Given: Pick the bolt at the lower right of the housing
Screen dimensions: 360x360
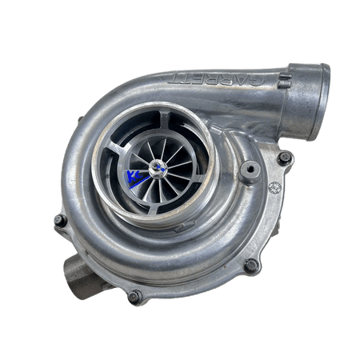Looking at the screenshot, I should click(x=250, y=264).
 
